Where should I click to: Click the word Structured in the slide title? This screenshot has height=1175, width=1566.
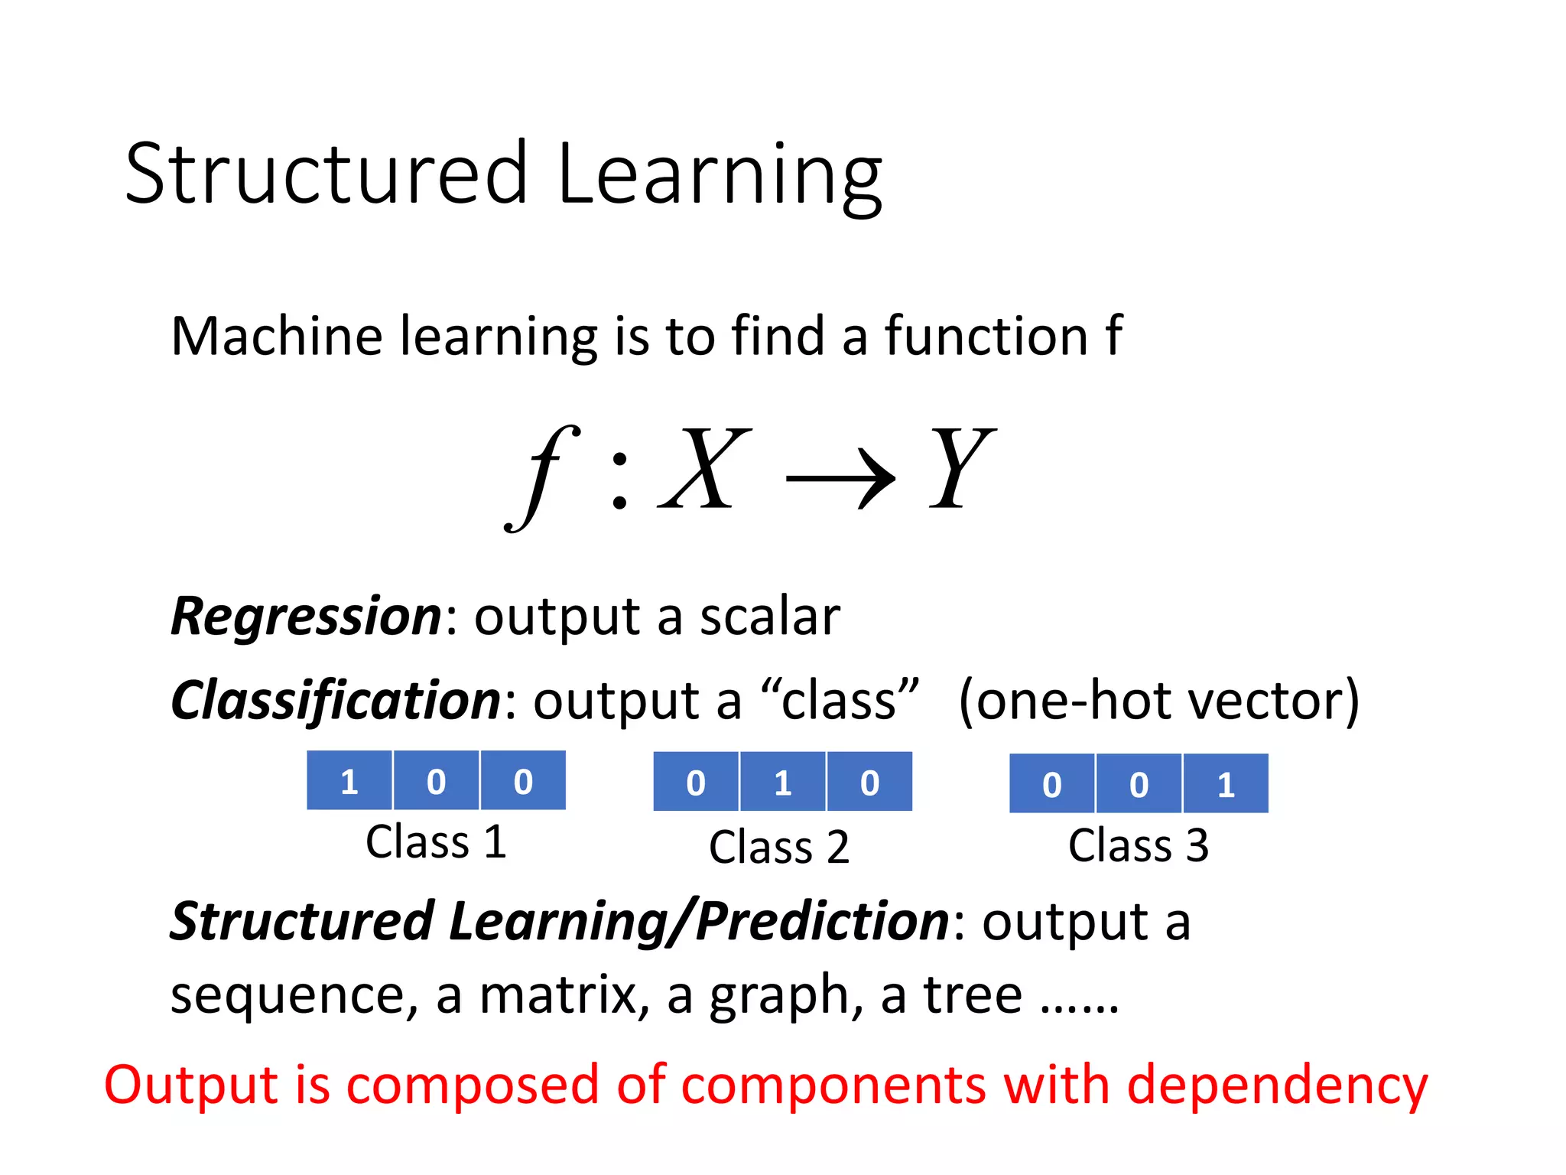[327, 174]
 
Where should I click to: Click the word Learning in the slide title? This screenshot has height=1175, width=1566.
[720, 176]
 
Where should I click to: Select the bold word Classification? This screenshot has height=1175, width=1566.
[336, 701]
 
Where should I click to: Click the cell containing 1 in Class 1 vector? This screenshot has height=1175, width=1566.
[349, 781]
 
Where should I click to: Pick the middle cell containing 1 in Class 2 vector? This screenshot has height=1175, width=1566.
[782, 783]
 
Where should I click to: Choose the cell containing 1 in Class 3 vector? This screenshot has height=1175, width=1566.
[1225, 784]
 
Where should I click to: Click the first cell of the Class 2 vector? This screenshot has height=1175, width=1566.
[696, 783]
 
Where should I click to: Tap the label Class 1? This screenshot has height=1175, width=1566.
[436, 842]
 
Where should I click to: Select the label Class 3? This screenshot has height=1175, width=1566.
[1138, 846]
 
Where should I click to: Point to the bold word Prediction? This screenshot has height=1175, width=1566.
[822, 921]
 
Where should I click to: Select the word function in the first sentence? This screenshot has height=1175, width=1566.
[986, 337]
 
